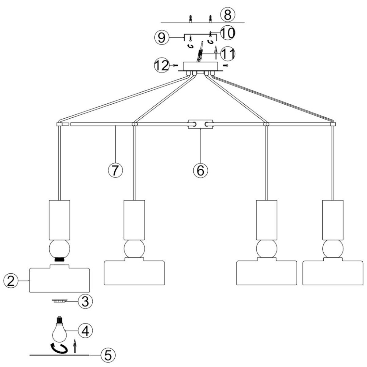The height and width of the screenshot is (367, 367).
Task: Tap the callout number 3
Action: (x=85, y=301)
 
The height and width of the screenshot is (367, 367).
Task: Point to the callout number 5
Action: (x=108, y=355)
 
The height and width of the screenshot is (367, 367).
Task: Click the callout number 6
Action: (x=200, y=170)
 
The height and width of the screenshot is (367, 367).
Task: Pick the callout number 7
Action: (x=115, y=170)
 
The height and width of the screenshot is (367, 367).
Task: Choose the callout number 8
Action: (x=228, y=14)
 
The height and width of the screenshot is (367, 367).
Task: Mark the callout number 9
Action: (x=161, y=38)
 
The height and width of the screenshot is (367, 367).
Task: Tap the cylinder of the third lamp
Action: (x=267, y=220)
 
